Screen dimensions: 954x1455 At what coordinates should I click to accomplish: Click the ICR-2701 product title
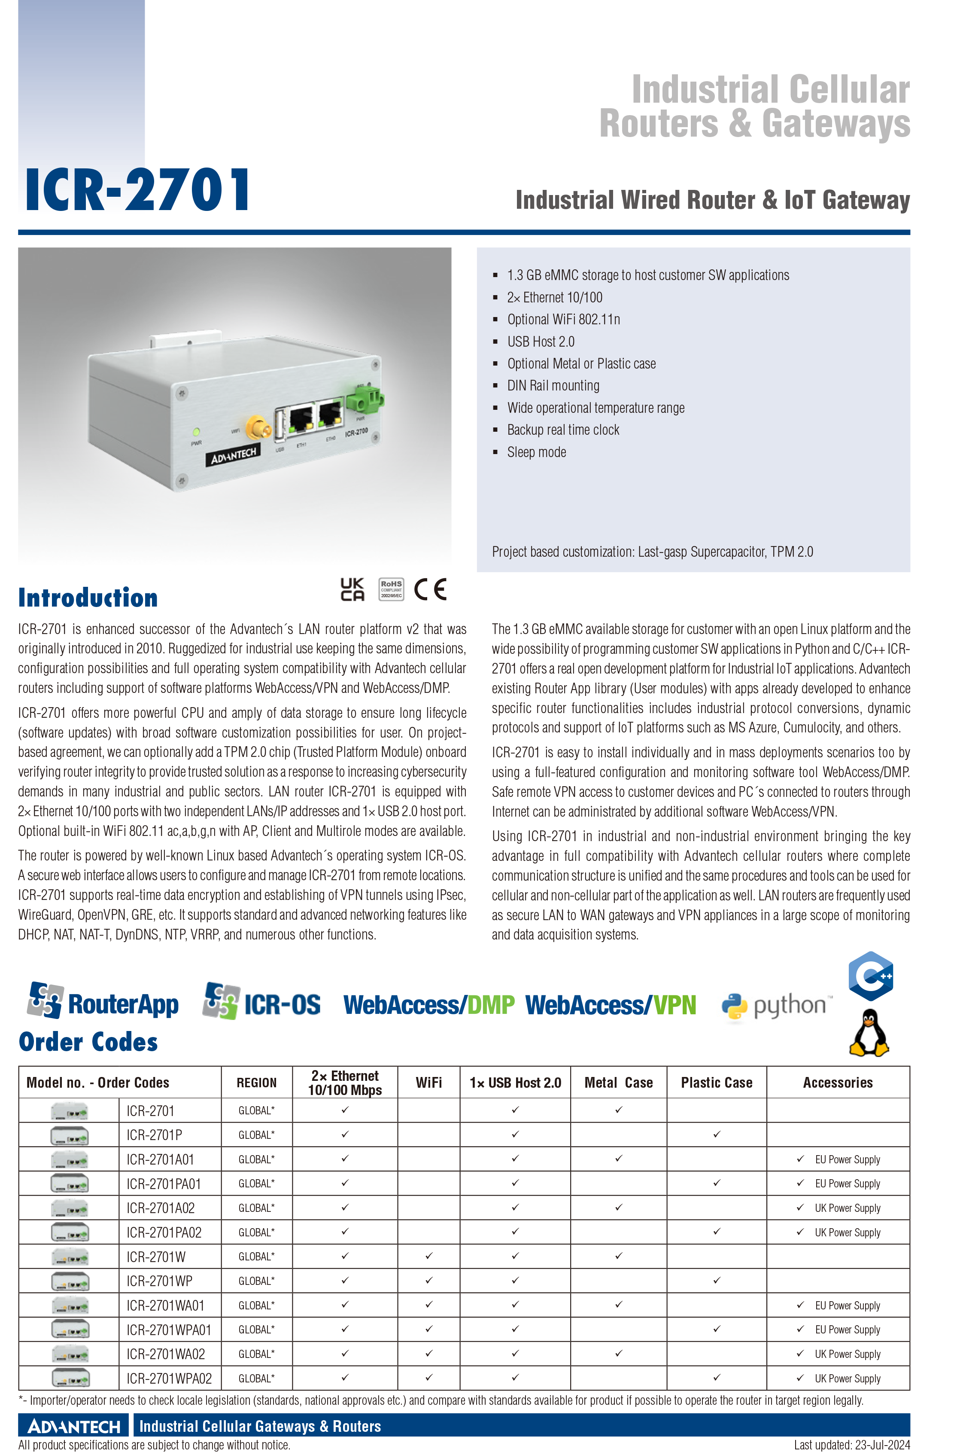coord(137,190)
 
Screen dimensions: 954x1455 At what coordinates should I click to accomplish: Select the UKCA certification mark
coord(352,589)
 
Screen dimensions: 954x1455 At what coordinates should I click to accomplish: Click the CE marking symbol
coord(430,589)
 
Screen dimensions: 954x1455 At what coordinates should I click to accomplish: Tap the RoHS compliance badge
coord(391,589)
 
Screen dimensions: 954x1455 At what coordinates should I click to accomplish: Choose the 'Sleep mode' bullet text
coord(537,452)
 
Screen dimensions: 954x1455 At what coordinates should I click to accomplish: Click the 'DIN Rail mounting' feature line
coord(553,386)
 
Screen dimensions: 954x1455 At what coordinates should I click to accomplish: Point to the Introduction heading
coord(88,597)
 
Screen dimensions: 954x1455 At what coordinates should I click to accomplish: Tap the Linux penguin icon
coord(869,1033)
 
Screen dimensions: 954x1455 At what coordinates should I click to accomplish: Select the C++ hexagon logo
coord(871,976)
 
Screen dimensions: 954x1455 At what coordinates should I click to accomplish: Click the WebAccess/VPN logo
coord(611,1005)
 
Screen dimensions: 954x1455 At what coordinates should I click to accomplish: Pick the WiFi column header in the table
coord(429,1083)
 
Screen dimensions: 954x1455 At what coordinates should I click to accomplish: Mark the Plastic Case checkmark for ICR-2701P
coord(717,1135)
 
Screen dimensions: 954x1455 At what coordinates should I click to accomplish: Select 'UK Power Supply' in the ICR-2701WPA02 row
coord(848,1379)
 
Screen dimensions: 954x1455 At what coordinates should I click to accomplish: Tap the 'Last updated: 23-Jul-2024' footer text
coord(852,1445)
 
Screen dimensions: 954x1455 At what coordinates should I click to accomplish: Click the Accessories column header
coord(838,1083)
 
